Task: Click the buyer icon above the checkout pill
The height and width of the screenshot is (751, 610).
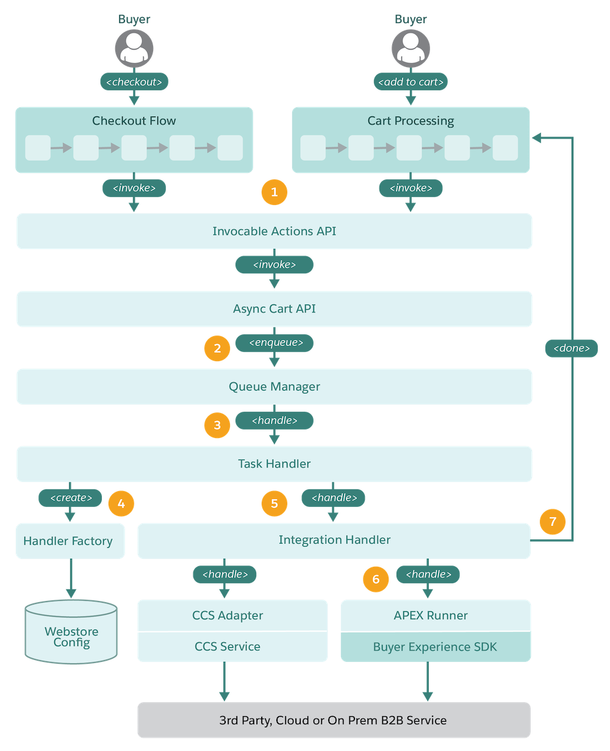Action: (134, 48)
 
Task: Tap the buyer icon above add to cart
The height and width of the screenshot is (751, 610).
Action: (411, 48)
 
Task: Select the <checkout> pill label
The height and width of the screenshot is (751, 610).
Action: (134, 82)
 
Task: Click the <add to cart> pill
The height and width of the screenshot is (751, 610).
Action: (411, 82)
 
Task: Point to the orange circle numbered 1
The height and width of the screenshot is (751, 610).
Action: (274, 192)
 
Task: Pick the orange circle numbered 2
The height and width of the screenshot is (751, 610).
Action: (217, 348)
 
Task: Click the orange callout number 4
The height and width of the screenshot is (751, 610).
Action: (121, 503)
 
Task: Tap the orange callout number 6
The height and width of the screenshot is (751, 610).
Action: (376, 579)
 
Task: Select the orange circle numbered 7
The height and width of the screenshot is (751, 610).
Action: (552, 522)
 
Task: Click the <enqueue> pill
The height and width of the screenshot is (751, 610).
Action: (274, 343)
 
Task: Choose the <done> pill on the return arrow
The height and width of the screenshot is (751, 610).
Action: (571, 348)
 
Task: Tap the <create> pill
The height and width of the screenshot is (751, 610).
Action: (70, 497)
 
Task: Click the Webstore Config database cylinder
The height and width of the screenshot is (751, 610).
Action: (71, 631)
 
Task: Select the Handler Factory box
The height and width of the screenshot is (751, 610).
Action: (70, 541)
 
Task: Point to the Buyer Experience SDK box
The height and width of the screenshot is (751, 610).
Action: (435, 647)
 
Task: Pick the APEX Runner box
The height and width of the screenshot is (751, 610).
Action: (435, 615)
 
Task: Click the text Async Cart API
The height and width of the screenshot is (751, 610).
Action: (274, 309)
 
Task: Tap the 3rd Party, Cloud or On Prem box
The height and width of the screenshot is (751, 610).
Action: (334, 720)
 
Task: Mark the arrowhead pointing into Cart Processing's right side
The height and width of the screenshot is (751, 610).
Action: (536, 138)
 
